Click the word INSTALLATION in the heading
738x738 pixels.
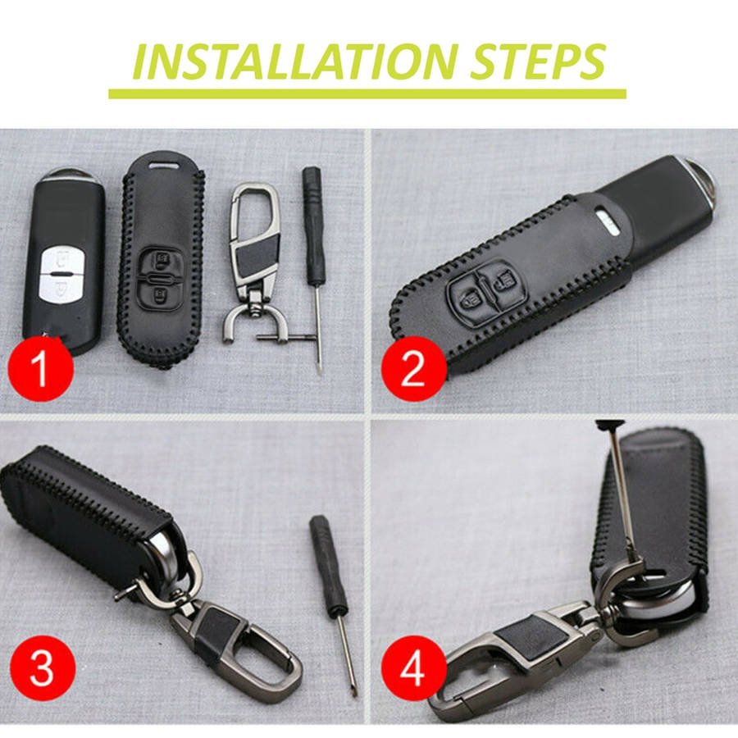(295, 61)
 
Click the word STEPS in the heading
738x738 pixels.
(537, 61)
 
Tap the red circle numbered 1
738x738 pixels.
(41, 368)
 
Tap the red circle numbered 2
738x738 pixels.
(413, 368)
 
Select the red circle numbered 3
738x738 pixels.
(42, 668)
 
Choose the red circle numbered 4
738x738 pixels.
(413, 668)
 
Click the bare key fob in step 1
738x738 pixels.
(65, 262)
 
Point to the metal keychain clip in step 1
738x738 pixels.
(253, 263)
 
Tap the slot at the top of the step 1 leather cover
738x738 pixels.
(164, 165)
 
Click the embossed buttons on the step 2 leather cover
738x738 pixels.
(483, 291)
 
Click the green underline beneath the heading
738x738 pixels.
(367, 93)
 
